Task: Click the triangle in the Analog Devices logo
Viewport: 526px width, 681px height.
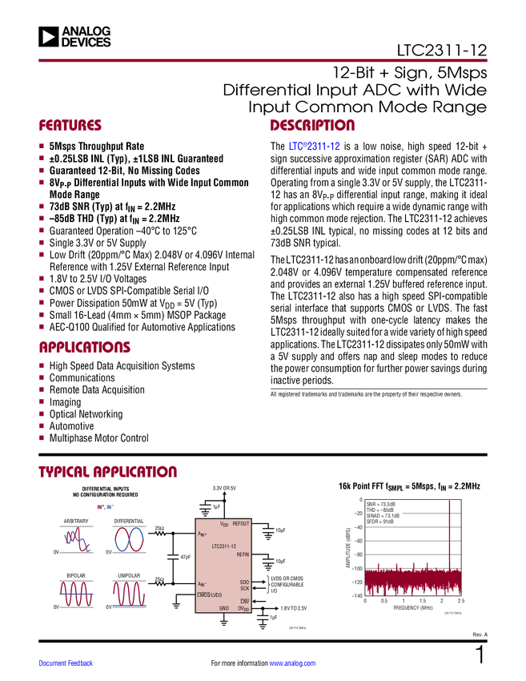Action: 50,36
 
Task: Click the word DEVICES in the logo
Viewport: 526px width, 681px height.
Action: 86,42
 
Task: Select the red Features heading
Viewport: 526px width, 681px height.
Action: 70,126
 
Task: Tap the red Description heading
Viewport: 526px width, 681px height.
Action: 312,126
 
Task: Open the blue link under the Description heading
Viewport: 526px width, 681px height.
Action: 315,147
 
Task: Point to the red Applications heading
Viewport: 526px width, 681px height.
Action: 85,349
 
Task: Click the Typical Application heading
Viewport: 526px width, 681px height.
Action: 107,471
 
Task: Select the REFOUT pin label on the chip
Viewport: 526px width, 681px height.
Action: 241,523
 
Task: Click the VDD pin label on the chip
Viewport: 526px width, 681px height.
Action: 224,523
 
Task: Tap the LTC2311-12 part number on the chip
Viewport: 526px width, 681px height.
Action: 223,546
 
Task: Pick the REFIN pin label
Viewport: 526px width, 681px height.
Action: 243,554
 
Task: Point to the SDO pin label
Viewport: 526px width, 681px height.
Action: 244,582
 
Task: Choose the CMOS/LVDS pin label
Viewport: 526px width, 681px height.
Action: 210,594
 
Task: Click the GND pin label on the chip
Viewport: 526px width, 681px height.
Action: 224,608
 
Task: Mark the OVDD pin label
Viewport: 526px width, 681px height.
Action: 244,608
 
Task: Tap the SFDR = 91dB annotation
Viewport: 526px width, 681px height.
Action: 380,522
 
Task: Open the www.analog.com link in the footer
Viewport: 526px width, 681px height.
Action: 292,663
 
